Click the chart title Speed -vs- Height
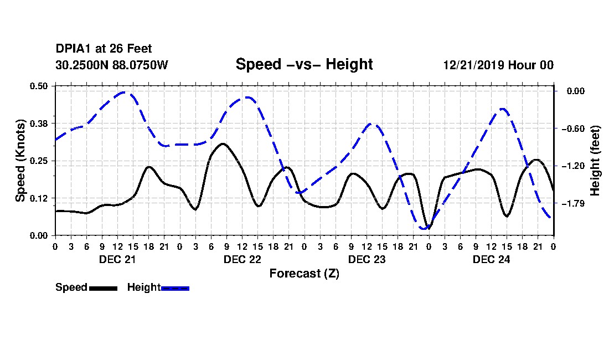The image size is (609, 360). tap(304, 64)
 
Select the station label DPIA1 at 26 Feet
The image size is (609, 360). tap(104, 49)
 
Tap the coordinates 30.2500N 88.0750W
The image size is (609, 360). tap(112, 65)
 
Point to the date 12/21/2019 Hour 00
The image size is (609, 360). tap(498, 65)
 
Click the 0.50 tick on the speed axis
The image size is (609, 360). tap(39, 86)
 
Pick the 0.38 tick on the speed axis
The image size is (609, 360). tap(39, 124)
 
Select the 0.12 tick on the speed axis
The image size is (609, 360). tap(39, 198)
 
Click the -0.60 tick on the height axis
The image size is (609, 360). tap(573, 128)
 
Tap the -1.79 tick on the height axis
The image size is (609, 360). tap(573, 203)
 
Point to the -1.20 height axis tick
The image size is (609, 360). tap(573, 166)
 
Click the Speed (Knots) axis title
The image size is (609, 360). tap(20, 161)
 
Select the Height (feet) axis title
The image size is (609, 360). tap(595, 161)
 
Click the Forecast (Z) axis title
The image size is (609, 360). tap(304, 274)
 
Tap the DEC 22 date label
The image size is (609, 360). tap(242, 259)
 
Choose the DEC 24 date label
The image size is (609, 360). tap(491, 259)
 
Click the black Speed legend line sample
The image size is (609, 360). tap(104, 288)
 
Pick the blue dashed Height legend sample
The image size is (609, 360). tap(175, 288)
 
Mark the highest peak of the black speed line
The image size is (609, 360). tap(223, 143)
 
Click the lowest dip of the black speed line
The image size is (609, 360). tap(428, 228)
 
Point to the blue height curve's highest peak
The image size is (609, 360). tap(124, 92)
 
